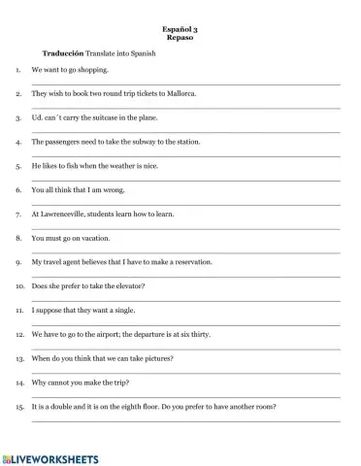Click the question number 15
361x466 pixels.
click(18, 406)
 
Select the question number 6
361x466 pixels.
click(18, 190)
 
